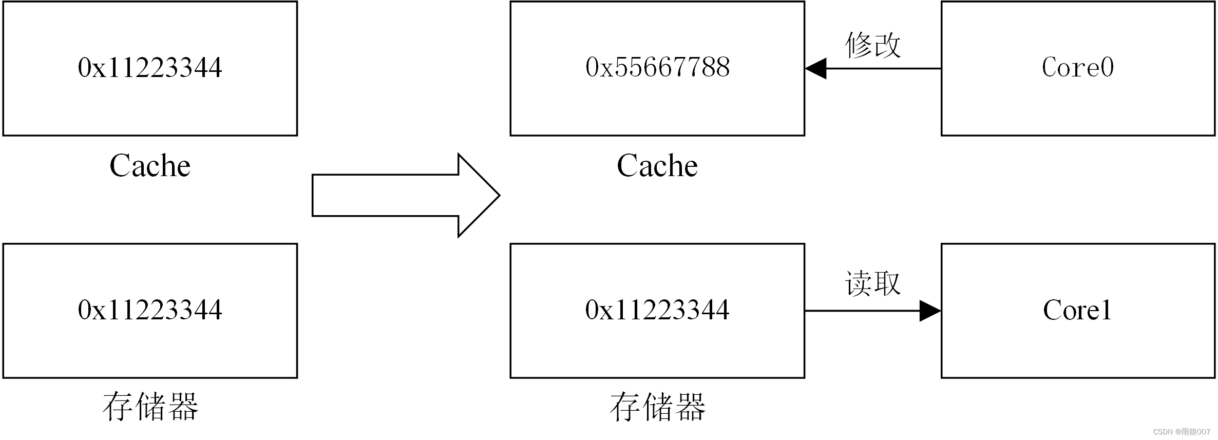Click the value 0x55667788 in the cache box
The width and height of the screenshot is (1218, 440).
coord(657,67)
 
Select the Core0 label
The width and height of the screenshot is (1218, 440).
coord(1077,67)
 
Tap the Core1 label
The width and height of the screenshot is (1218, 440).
coord(1077,310)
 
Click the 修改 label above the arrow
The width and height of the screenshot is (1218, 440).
coord(873,45)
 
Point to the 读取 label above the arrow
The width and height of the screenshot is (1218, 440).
coord(873,283)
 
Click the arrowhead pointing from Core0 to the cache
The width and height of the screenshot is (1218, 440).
coord(816,68)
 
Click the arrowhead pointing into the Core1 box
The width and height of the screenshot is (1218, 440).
coord(929,311)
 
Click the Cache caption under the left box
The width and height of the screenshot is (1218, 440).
coord(150,166)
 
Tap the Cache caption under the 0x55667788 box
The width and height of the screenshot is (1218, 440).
coord(657,166)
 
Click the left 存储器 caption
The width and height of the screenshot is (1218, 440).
coord(150,407)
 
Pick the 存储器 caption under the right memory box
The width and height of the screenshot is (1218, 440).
coord(657,407)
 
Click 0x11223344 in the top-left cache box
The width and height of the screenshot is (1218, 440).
coord(150,67)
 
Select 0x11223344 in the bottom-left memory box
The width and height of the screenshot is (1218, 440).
coord(150,310)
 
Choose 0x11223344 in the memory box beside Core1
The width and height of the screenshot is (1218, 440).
coord(657,310)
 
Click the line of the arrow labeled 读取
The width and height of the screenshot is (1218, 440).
coord(863,311)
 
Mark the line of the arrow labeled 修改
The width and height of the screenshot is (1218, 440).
coord(883,68)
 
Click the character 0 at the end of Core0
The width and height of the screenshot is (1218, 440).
coord(1107,67)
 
